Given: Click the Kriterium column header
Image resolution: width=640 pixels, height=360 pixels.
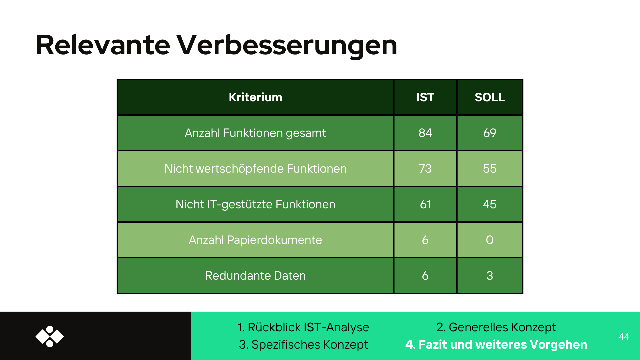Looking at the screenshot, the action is (x=255, y=97).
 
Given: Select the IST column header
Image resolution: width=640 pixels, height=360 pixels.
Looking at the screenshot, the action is (x=425, y=97).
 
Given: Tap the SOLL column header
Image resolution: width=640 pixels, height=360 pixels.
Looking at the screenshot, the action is (x=490, y=97).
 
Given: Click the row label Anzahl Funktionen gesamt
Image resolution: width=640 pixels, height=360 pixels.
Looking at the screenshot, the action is (x=255, y=133).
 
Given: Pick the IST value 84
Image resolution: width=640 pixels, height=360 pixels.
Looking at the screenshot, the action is (x=425, y=133).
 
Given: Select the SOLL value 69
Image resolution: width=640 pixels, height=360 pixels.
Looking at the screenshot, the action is (x=490, y=133).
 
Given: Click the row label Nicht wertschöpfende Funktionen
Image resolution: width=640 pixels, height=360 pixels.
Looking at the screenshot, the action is (x=255, y=169).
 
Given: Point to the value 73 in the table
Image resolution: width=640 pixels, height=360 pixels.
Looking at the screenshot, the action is (x=425, y=169).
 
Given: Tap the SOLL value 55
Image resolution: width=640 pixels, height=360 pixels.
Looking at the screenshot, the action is (x=490, y=169).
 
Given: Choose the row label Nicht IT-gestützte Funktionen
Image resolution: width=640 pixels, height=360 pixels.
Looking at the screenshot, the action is (x=255, y=204).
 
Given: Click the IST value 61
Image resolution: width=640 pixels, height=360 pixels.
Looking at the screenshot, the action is (x=425, y=204).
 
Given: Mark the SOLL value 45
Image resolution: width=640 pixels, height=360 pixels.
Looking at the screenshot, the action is (x=490, y=204).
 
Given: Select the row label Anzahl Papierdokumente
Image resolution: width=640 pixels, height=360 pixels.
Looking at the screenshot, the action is (x=255, y=240).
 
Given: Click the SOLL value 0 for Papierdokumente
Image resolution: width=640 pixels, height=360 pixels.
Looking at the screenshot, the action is (x=490, y=240).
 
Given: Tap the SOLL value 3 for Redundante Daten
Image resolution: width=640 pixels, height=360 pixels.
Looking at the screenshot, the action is (x=490, y=276).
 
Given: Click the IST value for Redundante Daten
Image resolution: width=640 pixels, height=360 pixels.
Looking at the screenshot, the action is (x=425, y=276).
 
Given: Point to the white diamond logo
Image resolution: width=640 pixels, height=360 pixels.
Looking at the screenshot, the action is (x=50, y=337).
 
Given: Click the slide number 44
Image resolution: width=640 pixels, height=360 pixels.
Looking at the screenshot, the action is (x=624, y=337).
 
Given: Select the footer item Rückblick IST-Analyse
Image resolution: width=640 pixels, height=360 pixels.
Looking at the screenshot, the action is (x=308, y=327).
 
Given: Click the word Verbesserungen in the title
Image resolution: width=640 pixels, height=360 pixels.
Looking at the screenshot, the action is (x=287, y=45).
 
